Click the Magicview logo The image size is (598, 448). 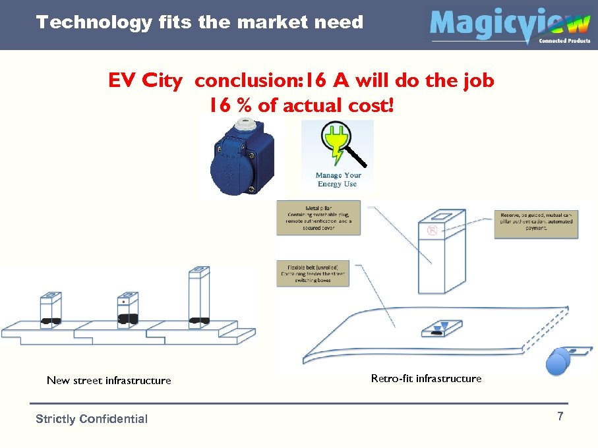tap(509, 26)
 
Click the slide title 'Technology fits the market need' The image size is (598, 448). tap(200, 22)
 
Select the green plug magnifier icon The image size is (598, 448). tap(340, 146)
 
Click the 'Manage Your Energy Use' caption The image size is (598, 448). tap(338, 179)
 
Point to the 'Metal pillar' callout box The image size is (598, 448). tap(318, 217)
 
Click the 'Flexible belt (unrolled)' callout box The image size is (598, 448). tap(313, 272)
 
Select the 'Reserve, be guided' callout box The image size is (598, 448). tap(536, 224)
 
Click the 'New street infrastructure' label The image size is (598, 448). tap(109, 380)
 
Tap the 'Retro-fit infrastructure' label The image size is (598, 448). tap(426, 378)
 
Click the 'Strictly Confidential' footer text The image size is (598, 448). tap(92, 419)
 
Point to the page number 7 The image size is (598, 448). tap(560, 416)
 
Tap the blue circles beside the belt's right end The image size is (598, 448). tap(559, 361)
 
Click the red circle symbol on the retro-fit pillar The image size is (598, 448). tap(433, 230)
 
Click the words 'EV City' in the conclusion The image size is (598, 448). tap(145, 81)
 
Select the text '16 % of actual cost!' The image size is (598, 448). tap(301, 105)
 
